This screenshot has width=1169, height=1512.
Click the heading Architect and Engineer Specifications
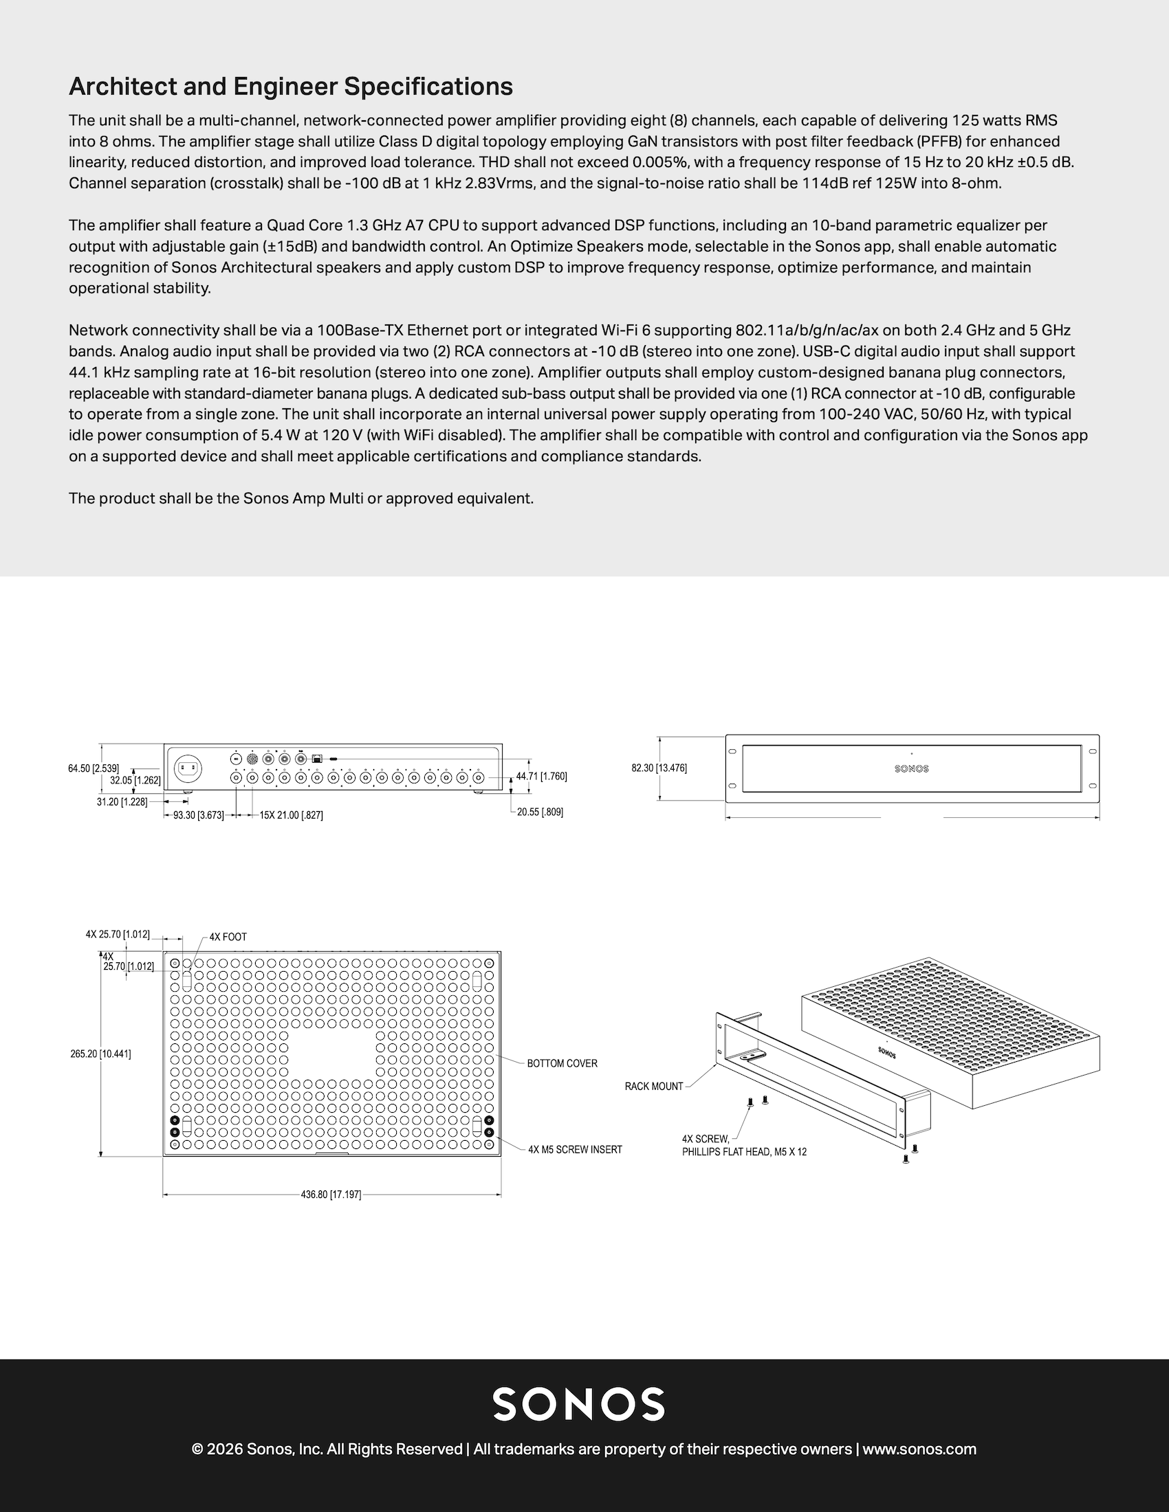(291, 87)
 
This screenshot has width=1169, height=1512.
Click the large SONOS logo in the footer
(578, 1404)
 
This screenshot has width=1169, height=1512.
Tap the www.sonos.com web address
(919, 1449)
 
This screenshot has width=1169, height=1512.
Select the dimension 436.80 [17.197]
(331, 1194)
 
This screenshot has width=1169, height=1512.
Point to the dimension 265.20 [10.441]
(100, 1054)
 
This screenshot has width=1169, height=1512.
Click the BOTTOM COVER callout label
(562, 1063)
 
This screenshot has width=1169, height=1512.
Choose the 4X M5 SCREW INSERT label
(575, 1149)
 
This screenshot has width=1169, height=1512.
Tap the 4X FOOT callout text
(228, 937)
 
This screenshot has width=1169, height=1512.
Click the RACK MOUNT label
(654, 1086)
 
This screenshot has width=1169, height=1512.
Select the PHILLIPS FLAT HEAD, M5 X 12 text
(744, 1152)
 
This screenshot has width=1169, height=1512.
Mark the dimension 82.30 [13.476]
(659, 768)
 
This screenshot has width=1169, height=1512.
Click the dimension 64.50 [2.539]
(94, 768)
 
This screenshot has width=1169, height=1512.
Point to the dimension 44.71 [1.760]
(542, 776)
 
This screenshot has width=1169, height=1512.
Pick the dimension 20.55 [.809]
(540, 812)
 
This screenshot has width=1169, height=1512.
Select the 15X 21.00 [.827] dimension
(291, 816)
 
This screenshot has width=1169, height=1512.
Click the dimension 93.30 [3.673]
(198, 816)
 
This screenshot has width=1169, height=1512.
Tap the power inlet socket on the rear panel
(188, 767)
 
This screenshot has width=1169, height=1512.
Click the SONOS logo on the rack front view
(911, 768)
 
